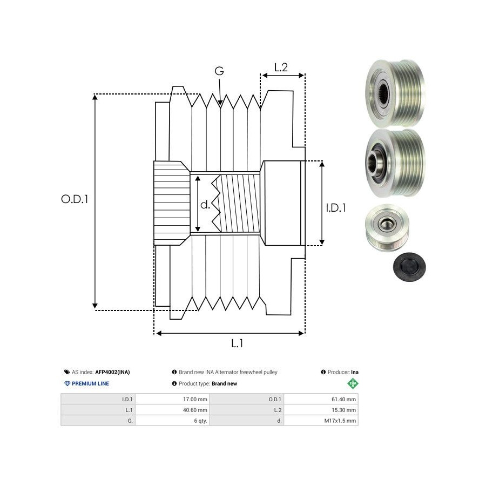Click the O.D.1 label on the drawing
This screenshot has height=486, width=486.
75,199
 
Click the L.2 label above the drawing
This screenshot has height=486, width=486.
281,67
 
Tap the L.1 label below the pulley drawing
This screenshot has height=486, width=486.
237,342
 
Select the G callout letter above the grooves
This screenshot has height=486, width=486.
219,71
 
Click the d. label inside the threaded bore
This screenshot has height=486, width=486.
205,205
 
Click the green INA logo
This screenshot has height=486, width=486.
353,383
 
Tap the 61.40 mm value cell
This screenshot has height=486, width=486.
343,400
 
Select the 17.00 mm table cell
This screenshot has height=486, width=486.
195,400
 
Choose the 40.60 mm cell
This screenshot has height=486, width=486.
195,410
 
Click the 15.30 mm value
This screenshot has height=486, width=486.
343,410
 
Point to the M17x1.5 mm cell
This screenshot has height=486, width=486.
340,420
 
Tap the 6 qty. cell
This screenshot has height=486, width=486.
200,420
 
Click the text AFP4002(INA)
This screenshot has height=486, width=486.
112,372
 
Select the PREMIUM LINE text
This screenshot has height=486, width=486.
91,383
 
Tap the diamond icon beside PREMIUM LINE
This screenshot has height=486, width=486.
67,383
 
